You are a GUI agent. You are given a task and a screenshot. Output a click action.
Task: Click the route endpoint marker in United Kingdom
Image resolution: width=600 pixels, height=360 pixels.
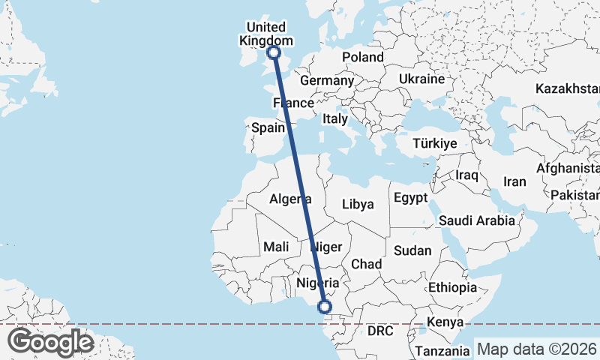pos(274,52)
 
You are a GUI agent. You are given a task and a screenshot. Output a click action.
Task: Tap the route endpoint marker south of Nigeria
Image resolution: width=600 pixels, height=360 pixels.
pos(325,306)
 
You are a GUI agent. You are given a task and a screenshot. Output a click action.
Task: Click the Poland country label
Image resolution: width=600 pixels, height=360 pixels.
pos(363,57)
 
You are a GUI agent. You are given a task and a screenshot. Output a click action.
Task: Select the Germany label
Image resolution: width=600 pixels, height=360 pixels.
pos(326,80)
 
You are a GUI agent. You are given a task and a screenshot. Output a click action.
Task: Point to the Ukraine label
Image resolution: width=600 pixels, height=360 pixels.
pos(421,79)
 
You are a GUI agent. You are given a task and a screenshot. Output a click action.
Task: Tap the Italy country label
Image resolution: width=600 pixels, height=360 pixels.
pos(334,118)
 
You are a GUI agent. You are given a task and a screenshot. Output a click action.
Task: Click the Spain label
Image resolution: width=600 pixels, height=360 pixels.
pos(268,127)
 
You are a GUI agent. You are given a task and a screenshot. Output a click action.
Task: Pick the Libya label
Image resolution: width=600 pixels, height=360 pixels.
pos(357,203)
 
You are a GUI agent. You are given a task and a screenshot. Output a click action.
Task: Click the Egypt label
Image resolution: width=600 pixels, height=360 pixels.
pos(409,198)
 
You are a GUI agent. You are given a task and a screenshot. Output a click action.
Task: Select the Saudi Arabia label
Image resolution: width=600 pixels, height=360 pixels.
pos(477,220)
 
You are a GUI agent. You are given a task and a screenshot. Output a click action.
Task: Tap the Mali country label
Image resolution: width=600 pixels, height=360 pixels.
pos(276,247)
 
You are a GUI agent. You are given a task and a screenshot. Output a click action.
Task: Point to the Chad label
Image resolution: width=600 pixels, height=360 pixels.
pos(367,264)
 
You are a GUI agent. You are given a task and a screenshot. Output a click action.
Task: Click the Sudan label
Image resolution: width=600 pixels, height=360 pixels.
pos(412,250)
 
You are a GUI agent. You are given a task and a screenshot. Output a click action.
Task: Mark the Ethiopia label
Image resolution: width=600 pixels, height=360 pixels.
pos(452,287)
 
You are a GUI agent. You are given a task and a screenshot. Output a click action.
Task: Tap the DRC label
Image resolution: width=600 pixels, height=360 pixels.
pos(380,330)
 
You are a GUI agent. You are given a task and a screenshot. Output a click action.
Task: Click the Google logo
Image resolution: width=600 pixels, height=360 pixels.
pos(51,342)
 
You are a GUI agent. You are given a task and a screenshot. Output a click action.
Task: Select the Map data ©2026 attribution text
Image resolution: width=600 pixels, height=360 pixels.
pos(537,349)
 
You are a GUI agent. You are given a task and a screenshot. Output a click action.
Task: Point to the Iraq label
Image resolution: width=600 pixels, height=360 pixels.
pos(466,175)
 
